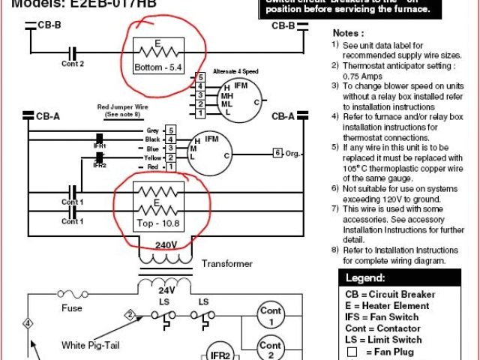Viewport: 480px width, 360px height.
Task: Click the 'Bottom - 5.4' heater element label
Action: point(158,67)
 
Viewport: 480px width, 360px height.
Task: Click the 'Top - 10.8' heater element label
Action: point(157,223)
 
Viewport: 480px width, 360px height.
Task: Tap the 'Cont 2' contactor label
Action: point(73,64)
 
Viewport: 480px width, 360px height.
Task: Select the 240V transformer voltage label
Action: point(166,244)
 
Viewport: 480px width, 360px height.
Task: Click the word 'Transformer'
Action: point(227,264)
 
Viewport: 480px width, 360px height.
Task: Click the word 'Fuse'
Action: point(72,307)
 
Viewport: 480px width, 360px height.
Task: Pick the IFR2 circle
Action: point(218,354)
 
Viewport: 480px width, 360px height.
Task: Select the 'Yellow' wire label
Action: point(153,157)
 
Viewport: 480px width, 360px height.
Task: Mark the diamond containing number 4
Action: point(28,324)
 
